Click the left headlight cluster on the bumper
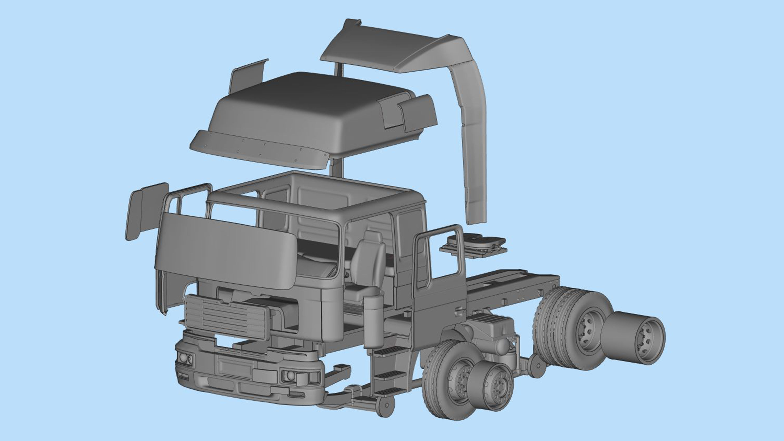pos(185,358)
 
